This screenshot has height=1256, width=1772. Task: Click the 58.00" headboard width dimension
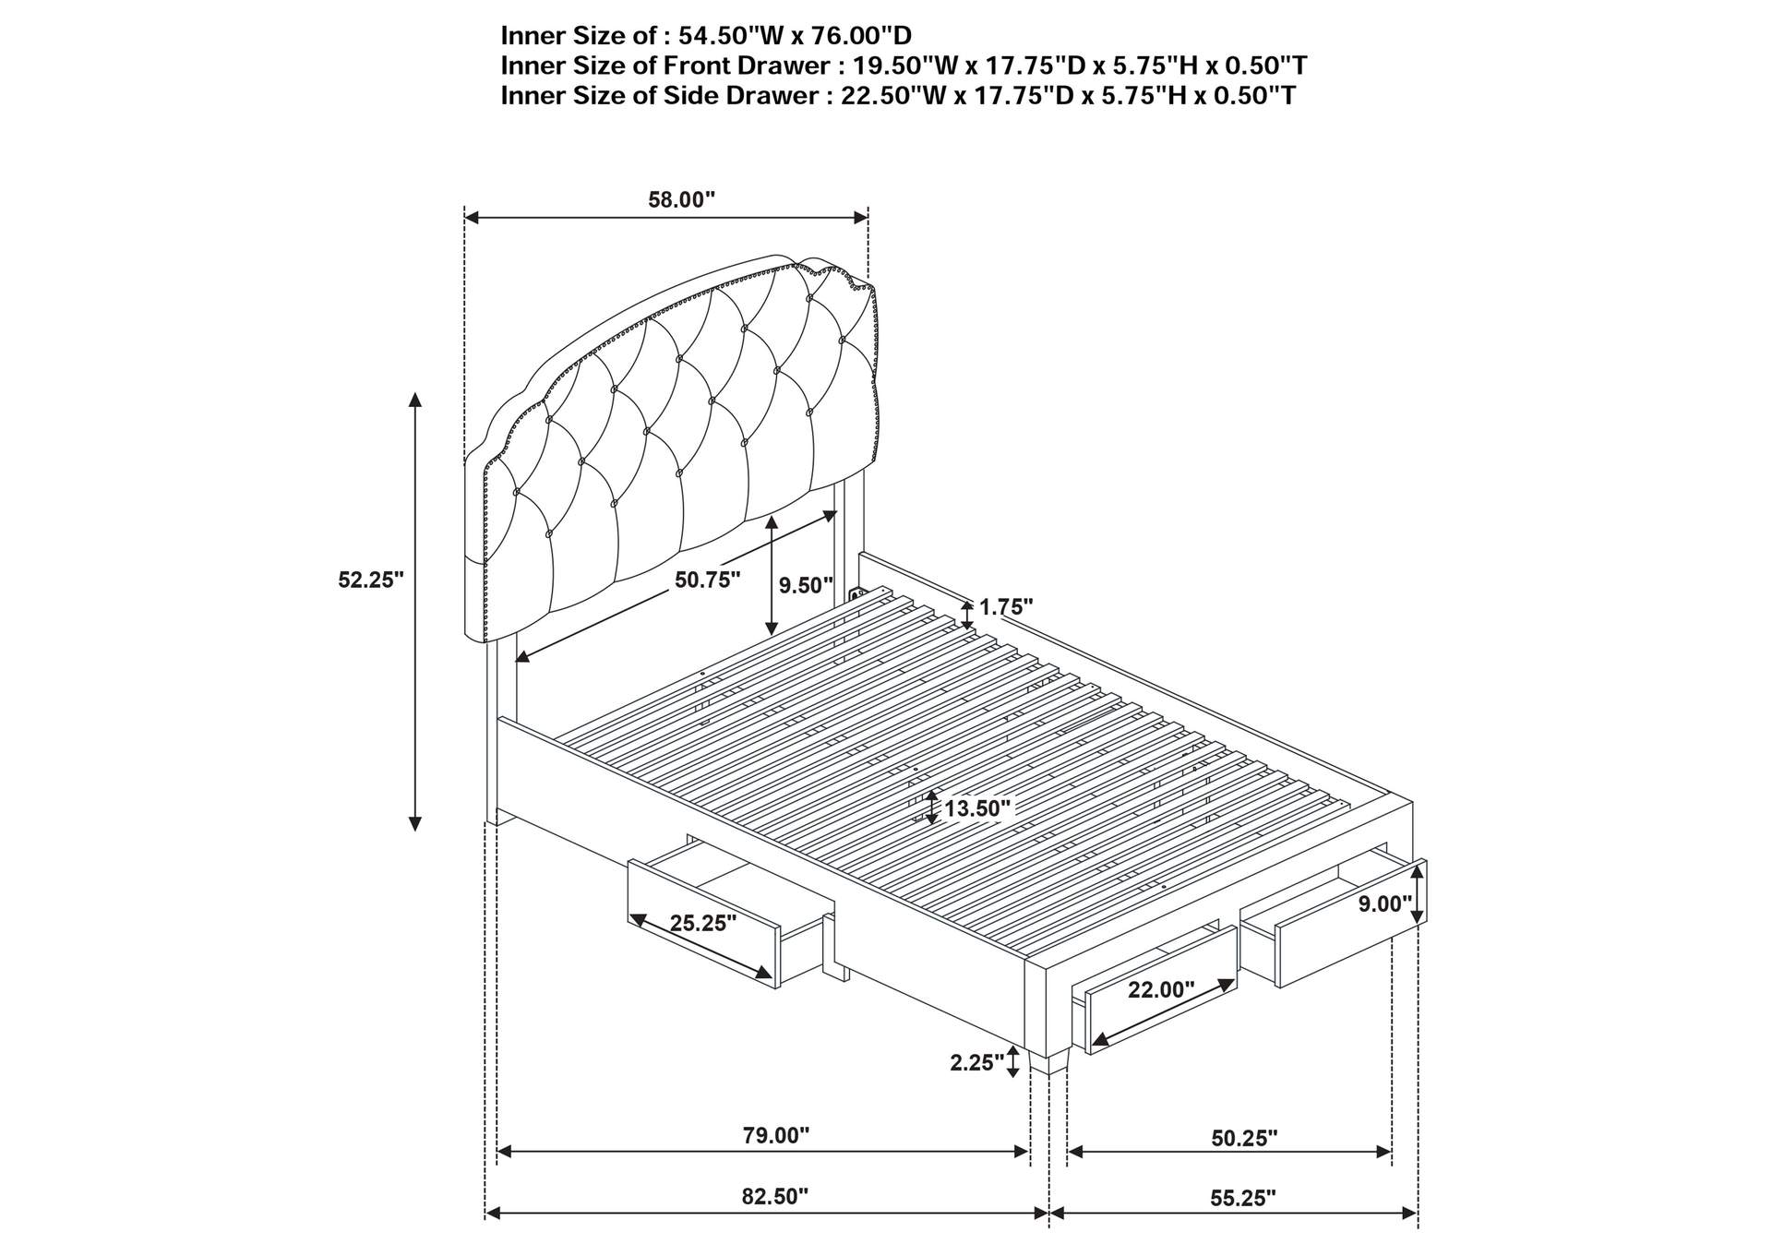click(x=681, y=199)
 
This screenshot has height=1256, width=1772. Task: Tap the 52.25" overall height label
click(x=371, y=580)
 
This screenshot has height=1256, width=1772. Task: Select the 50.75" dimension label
click(x=708, y=580)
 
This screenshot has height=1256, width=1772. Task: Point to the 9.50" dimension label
click(x=806, y=585)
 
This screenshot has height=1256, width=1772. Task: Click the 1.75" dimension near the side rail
click(x=1006, y=607)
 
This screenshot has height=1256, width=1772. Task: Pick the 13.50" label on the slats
click(x=977, y=808)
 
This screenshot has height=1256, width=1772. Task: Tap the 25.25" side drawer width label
click(x=703, y=923)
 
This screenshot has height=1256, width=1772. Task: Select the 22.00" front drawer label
click(x=1161, y=990)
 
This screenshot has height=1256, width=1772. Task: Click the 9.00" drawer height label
click(x=1385, y=904)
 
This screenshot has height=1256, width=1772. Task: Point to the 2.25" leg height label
click(x=977, y=1063)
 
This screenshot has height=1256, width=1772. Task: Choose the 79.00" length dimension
click(x=776, y=1135)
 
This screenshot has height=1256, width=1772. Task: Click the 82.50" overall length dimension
click(x=775, y=1197)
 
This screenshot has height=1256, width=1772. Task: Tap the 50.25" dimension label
click(x=1244, y=1138)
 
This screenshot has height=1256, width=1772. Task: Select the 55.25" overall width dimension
click(x=1243, y=1198)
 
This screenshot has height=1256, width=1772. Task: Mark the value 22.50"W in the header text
click(x=895, y=95)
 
